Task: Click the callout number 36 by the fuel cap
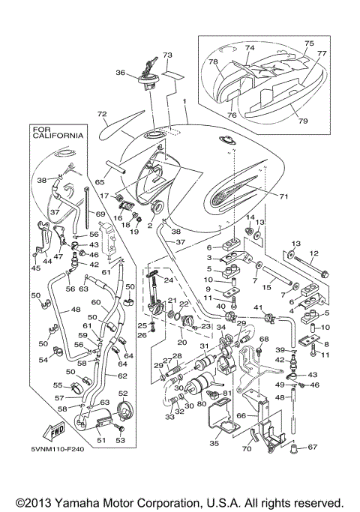coord(119,73)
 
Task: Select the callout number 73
coord(167,55)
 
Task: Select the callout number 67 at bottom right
coord(313,448)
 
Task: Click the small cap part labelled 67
coord(295,449)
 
